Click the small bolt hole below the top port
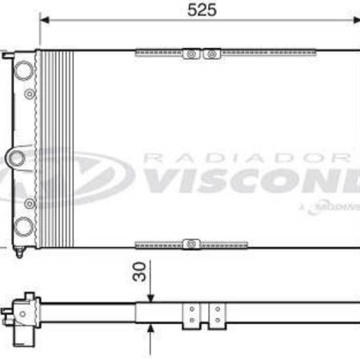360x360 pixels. point(30,94)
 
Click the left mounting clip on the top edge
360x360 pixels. point(190,54)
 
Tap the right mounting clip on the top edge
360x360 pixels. point(211,54)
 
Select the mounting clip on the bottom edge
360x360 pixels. point(190,243)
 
